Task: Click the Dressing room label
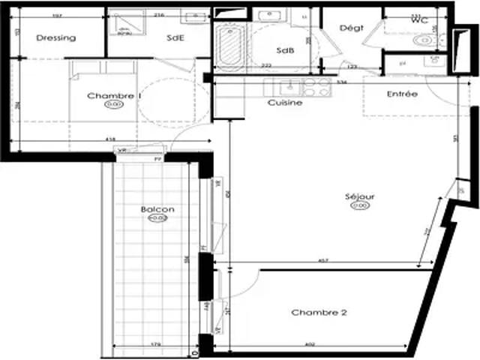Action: pyautogui.click(x=55, y=37)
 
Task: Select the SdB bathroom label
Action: pyautogui.click(x=284, y=51)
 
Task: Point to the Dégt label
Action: pyautogui.click(x=351, y=28)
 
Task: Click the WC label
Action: pyautogui.click(x=419, y=20)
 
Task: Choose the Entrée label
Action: pyautogui.click(x=402, y=94)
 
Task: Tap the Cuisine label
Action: pyautogui.click(x=285, y=103)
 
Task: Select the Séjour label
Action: pyautogui.click(x=359, y=196)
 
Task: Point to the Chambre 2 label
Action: pyautogui.click(x=319, y=313)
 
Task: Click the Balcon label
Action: pyautogui.click(x=157, y=209)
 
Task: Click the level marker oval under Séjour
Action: pyautogui.click(x=360, y=205)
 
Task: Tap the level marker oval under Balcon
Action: pyautogui.click(x=157, y=218)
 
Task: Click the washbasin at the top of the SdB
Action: pyautogui.click(x=268, y=16)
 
